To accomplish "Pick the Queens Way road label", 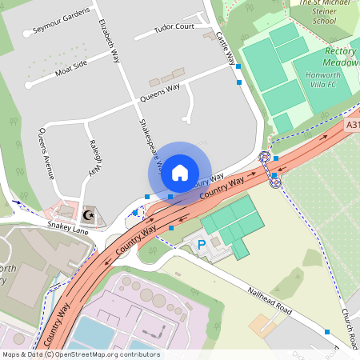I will [x=159, y=90].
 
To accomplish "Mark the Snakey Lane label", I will [x=69, y=230].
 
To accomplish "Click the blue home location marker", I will [x=180, y=172].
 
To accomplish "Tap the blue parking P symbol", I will [x=202, y=242].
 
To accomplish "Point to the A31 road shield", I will [x=354, y=125].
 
